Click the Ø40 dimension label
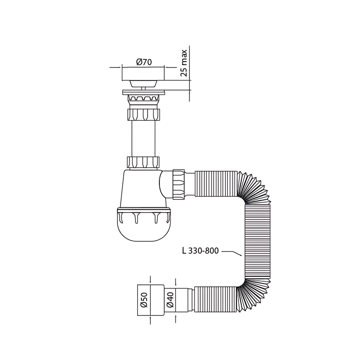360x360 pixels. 170,299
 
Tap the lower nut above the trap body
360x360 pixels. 144,162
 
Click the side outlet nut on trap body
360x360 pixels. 179,185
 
